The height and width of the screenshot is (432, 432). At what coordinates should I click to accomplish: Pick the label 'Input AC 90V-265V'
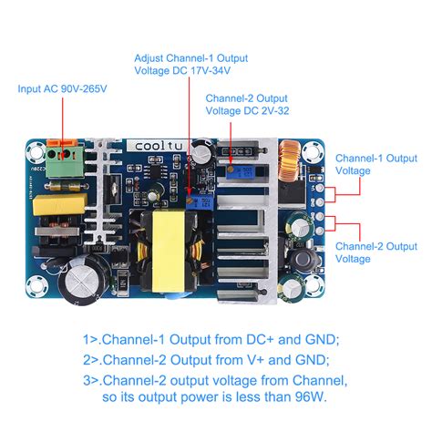pos(61,89)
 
